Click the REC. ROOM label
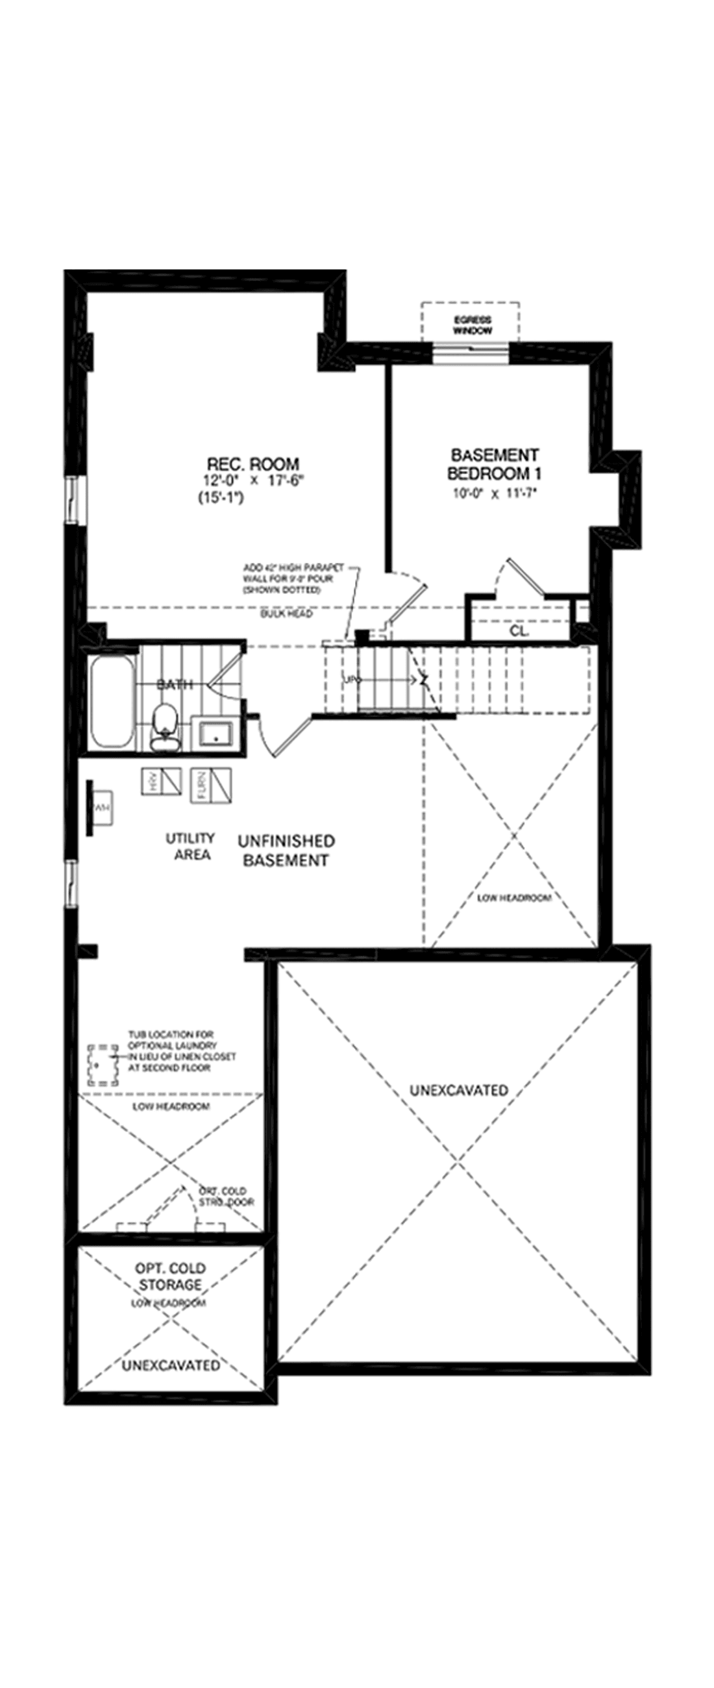pyautogui.click(x=253, y=465)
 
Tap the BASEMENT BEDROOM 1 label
pyautogui.click(x=495, y=464)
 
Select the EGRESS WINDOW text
pyautogui.click(x=473, y=326)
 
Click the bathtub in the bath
pyautogui.click(x=110, y=702)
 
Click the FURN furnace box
pyautogui.click(x=211, y=785)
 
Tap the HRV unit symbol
pyautogui.click(x=161, y=781)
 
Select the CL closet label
pyautogui.click(x=518, y=631)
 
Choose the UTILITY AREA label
pyautogui.click(x=191, y=846)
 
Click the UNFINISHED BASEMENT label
pyautogui.click(x=286, y=850)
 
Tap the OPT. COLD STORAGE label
pyautogui.click(x=170, y=1276)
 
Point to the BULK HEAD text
pyautogui.click(x=286, y=614)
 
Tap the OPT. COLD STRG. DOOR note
pyautogui.click(x=227, y=1197)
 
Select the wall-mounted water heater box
pyautogui.click(x=100, y=808)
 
